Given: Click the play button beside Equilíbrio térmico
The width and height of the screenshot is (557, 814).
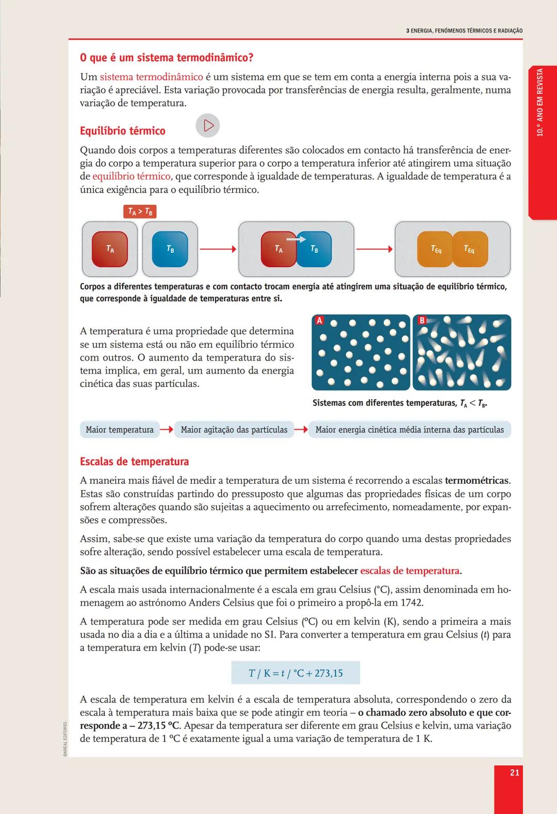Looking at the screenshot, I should coord(208,126).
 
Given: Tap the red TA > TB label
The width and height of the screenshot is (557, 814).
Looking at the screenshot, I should coord(140,211).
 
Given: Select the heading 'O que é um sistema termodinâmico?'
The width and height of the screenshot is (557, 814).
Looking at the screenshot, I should coord(167,57).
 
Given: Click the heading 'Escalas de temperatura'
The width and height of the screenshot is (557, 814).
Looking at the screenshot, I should coord(134,462).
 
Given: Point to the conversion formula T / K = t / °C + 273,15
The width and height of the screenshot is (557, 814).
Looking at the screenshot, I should coord(296,673).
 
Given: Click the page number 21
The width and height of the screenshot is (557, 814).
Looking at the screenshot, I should coord(514,772).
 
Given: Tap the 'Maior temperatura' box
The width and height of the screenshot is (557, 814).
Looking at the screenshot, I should coord(120,430).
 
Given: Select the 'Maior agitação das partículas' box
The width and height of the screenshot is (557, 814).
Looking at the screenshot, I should coord(234,430).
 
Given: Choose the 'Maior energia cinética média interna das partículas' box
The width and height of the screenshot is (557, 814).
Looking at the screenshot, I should coord(409,430).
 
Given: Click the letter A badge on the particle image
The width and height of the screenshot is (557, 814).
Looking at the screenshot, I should coord(319,321).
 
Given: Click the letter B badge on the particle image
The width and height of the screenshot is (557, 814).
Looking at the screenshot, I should coord(421,321).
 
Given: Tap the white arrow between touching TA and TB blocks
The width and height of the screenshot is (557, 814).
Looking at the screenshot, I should coord(296,239).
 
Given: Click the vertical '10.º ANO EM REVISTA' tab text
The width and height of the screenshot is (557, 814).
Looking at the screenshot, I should coord(540,102).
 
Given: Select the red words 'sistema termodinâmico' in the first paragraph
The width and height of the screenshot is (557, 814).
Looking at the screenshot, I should coord(151,77).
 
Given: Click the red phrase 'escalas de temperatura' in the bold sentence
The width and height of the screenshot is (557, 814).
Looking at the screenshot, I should coord(409,571).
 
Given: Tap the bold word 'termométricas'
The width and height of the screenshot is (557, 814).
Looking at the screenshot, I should coord(477,481).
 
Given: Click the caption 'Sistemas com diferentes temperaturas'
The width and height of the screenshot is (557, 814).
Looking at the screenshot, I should coord(384,403).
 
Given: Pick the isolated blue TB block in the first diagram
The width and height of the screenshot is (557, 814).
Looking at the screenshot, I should coord(170,249).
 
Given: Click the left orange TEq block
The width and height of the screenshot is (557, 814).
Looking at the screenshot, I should coord(435,249).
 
